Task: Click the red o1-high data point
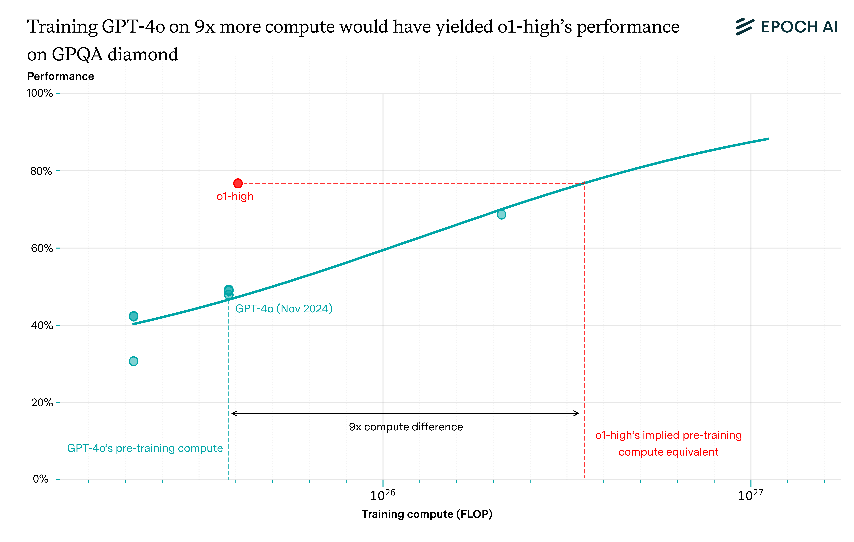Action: point(238,183)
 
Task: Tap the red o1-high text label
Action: point(235,196)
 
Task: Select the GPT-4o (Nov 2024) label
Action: point(284,309)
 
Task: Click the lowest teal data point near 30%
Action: point(133,361)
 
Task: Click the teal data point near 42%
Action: point(133,316)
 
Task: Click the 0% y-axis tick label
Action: point(40,479)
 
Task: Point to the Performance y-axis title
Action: point(61,76)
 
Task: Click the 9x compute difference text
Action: point(406,427)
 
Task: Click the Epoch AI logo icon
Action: point(745,27)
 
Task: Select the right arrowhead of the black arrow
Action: point(577,413)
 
